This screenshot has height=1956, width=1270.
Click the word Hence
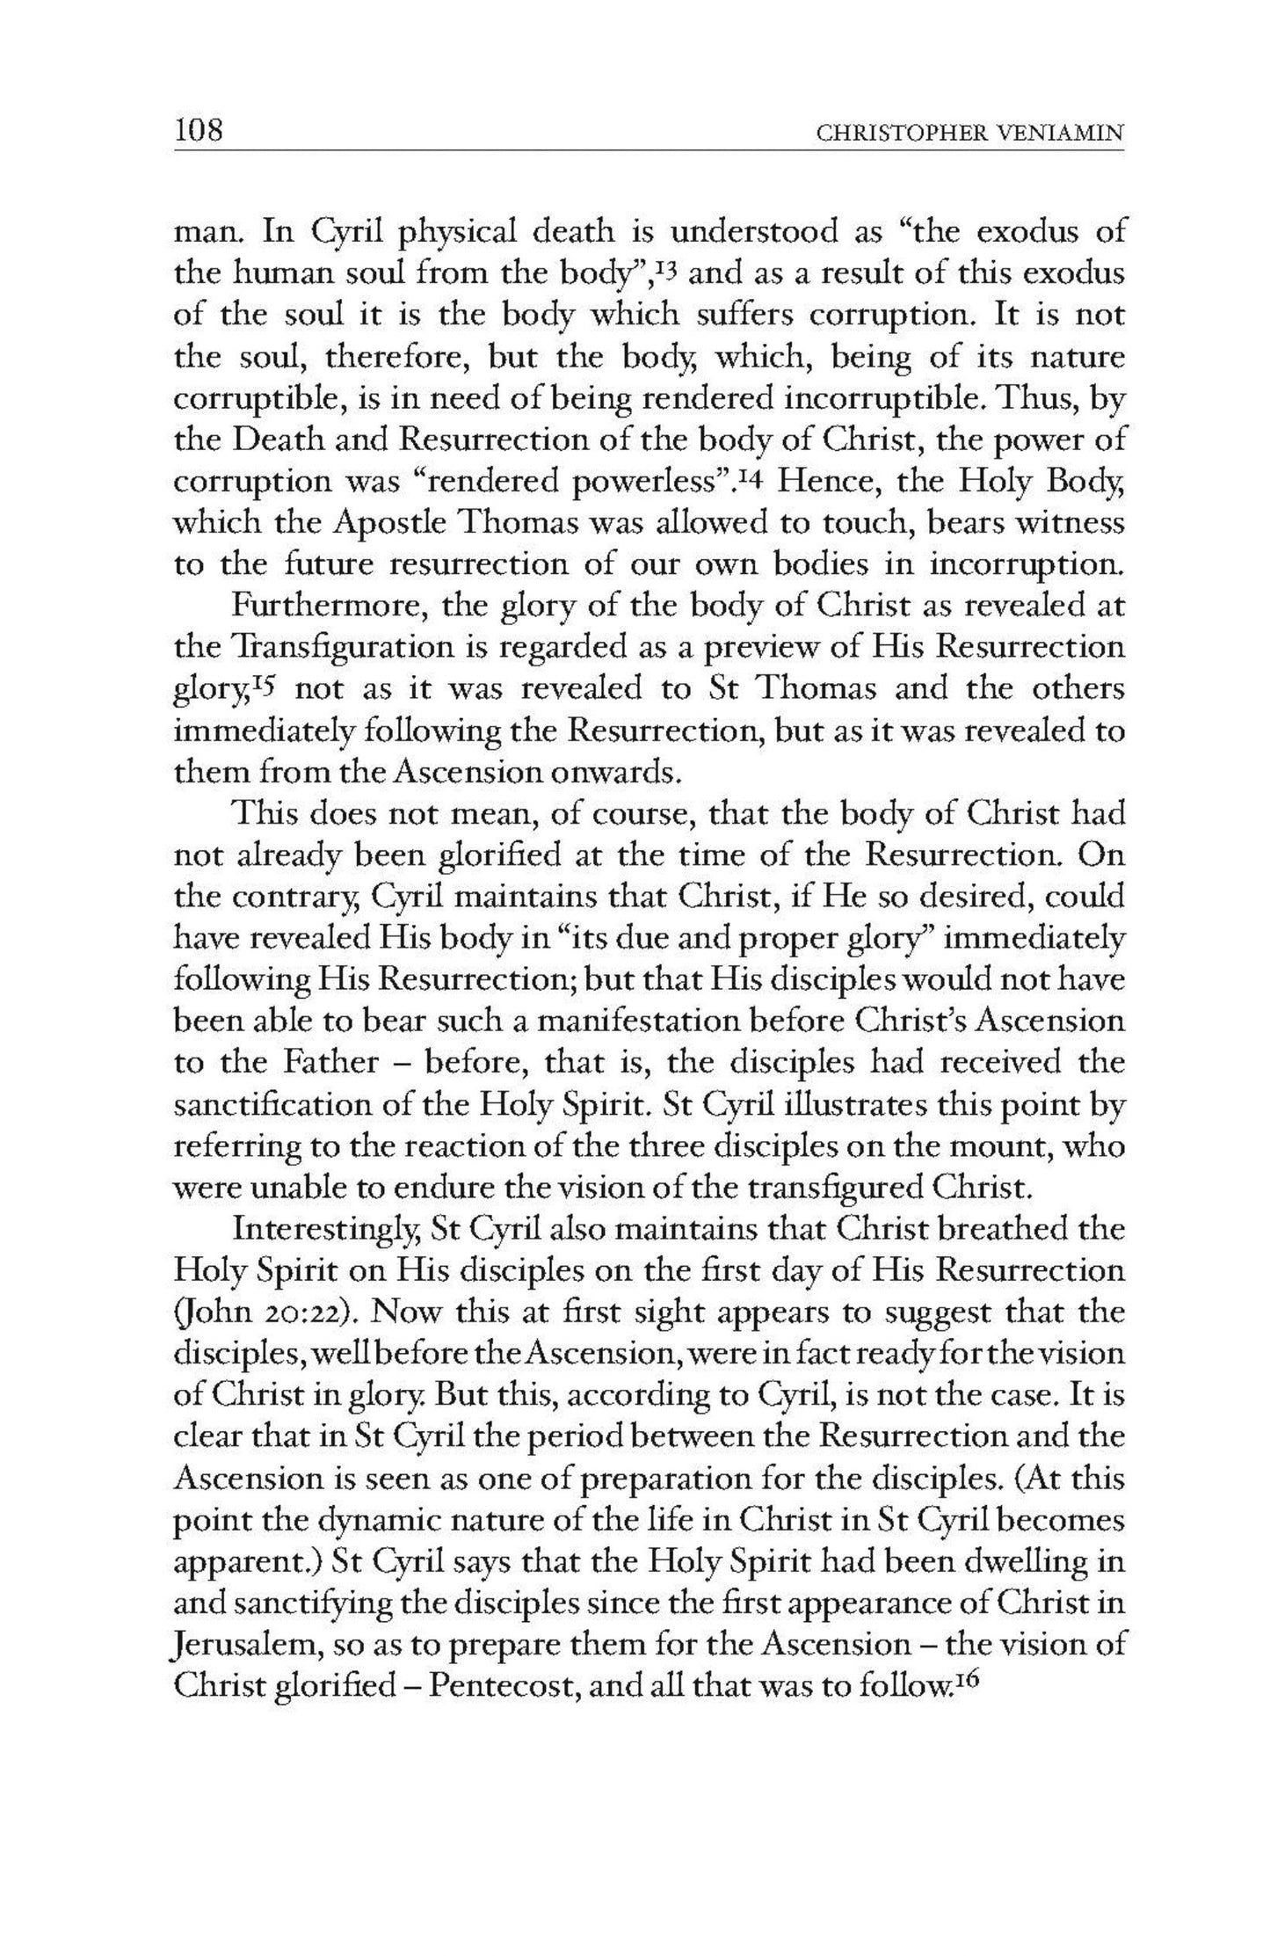click(821, 482)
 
